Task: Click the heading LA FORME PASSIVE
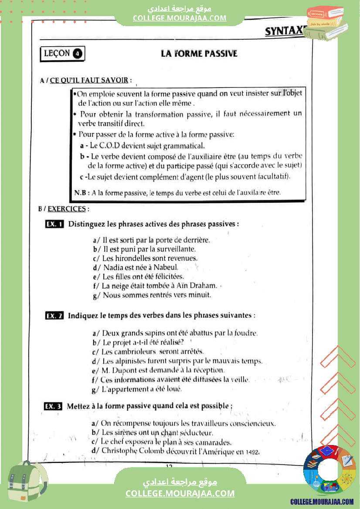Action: pyautogui.click(x=199, y=54)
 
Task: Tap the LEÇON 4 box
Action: pyautogui.click(x=62, y=54)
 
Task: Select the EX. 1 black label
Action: pyautogui.click(x=55, y=224)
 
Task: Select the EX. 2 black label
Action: pyautogui.click(x=55, y=315)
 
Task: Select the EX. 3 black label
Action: pyautogui.click(x=54, y=406)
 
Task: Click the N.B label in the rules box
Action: pyautogui.click(x=82, y=192)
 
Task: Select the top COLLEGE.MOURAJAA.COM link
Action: pyautogui.click(x=180, y=18)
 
